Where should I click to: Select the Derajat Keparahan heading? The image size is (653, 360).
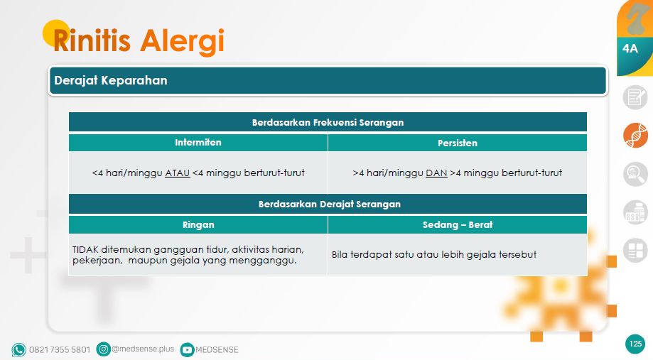click(x=111, y=81)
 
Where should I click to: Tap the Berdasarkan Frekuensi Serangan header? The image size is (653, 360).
click(x=328, y=122)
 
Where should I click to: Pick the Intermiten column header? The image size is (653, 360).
click(x=198, y=143)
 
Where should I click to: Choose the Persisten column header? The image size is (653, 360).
click(x=457, y=143)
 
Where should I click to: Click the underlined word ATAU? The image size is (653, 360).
click(x=177, y=173)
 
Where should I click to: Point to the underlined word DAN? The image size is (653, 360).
click(x=436, y=173)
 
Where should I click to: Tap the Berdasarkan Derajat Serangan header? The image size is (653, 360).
click(x=329, y=204)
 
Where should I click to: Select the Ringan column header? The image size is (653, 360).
click(x=198, y=224)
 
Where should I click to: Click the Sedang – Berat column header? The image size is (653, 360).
click(x=457, y=224)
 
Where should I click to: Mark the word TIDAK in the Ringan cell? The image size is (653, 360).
click(x=86, y=249)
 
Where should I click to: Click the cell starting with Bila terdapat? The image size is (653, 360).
click(x=433, y=254)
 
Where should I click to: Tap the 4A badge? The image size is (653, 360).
click(x=630, y=49)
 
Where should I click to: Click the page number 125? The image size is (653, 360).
click(x=635, y=344)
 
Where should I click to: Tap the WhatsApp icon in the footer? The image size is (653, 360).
click(x=18, y=349)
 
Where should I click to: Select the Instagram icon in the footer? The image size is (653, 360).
click(x=104, y=349)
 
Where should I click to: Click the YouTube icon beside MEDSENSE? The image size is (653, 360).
click(x=187, y=349)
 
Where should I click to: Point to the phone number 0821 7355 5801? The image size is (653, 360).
click(x=60, y=350)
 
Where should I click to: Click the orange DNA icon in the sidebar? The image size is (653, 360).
click(x=636, y=136)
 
